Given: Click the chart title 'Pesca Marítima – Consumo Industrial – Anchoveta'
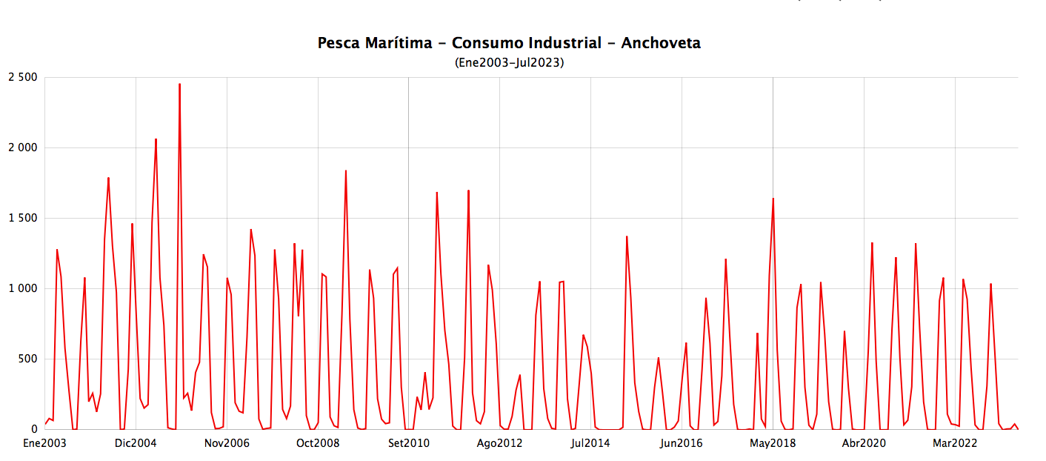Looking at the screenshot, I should [x=509, y=43].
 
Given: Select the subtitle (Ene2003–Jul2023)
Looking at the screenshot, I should [x=509, y=63].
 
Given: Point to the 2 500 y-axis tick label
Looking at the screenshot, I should [x=22, y=78].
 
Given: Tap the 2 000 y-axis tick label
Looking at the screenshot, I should [x=22, y=148].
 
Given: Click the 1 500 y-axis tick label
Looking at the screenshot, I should [x=22, y=219].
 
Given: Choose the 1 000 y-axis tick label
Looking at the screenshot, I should [x=22, y=289].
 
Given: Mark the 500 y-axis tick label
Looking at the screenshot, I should [x=27, y=359].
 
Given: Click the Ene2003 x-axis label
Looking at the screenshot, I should [x=44, y=444].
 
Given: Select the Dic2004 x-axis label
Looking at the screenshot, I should [x=136, y=444].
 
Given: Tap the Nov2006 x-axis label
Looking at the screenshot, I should [x=227, y=444].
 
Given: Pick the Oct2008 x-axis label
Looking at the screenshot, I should [x=318, y=444].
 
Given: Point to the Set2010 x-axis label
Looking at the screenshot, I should [x=409, y=444].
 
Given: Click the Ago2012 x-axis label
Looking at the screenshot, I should [x=499, y=444].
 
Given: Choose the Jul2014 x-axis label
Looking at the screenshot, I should [x=590, y=444].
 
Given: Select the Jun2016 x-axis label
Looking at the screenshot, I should [x=682, y=444].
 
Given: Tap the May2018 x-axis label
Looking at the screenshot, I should [x=773, y=444].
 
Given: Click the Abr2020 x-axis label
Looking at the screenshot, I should [x=864, y=444].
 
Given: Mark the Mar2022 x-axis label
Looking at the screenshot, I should [x=955, y=444].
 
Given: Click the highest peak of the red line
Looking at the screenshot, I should [x=179, y=84].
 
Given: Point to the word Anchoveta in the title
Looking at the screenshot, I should [x=661, y=43].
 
